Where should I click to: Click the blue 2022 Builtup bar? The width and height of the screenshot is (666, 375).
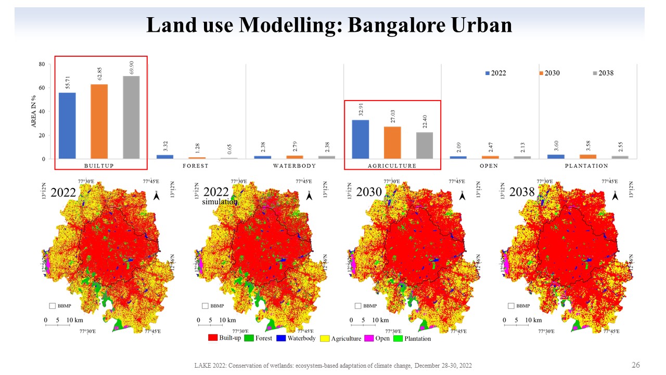67,126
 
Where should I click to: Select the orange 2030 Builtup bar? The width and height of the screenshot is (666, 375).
99,121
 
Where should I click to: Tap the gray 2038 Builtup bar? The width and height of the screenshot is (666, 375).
131,117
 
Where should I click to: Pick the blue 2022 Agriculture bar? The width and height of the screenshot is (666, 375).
361,139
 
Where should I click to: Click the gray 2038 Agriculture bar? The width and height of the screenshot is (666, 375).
425,145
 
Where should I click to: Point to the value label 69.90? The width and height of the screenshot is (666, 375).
131,67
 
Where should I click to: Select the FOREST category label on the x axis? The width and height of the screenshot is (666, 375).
196,166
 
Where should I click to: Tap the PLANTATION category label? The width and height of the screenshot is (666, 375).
586,166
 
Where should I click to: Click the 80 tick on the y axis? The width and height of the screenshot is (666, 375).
41,64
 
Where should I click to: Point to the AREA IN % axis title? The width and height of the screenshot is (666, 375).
34,111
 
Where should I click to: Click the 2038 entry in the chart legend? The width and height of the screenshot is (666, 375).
602,73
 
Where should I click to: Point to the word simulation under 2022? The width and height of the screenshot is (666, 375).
220,202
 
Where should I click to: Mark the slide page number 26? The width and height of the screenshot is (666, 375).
635,365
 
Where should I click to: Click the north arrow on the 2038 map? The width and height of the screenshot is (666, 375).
615,195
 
